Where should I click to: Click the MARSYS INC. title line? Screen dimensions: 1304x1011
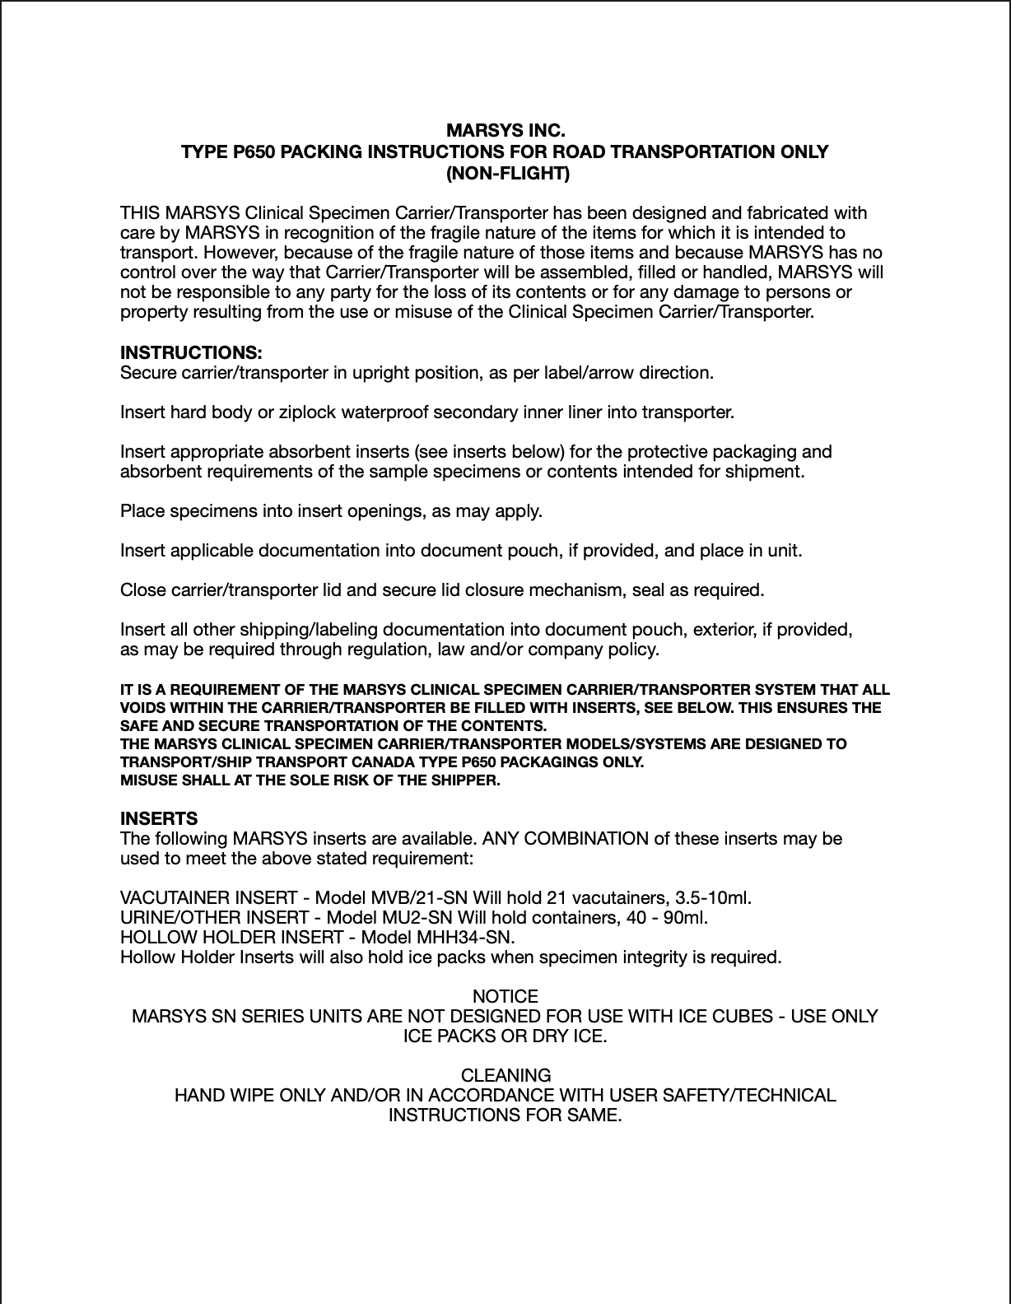[x=505, y=132]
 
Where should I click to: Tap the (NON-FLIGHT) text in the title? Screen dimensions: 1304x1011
[x=505, y=174]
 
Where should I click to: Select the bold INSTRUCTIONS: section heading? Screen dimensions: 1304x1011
[x=192, y=353]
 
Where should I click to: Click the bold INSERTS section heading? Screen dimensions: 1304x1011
[x=159, y=819]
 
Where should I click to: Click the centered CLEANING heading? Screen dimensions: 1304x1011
[x=505, y=1076]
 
